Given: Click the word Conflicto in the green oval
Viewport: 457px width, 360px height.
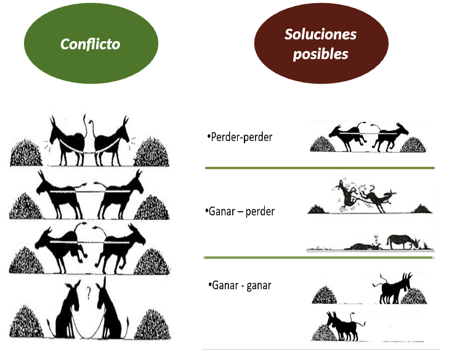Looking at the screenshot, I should [x=90, y=44].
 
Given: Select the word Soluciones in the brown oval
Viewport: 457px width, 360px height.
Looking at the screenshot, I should [x=320, y=34].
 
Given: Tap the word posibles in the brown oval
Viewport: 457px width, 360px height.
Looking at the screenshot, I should [x=320, y=54].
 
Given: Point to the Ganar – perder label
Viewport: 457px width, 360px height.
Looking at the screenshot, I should [x=240, y=211].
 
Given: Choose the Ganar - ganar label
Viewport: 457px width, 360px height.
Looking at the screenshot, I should [x=240, y=286].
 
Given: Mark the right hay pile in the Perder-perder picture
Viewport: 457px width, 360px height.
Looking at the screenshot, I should [x=414, y=144].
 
